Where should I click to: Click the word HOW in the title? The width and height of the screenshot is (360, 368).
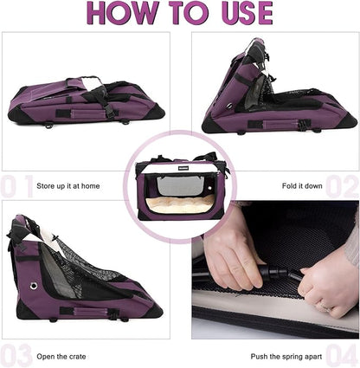(122, 14)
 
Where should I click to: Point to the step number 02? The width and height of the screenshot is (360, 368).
(342, 185)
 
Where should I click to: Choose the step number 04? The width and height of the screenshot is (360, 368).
(342, 355)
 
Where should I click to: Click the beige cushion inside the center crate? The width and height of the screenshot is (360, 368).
(180, 205)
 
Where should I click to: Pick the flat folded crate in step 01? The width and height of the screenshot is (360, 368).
(87, 100)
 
